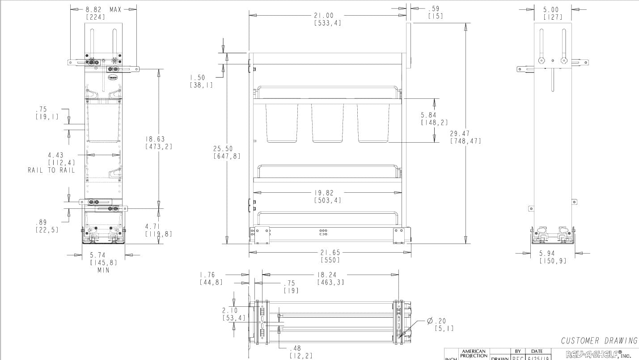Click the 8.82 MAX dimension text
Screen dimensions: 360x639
pos(103,9)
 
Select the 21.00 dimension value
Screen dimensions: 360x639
pos(327,15)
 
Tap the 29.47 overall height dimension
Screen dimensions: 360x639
pos(465,133)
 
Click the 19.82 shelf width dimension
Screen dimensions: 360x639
pos(327,193)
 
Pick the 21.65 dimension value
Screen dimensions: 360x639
pos(330,253)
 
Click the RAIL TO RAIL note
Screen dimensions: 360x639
pos(51,170)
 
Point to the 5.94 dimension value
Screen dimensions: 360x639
pos(553,254)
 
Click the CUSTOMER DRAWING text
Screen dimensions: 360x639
pos(599,341)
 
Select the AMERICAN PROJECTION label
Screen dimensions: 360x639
pos(474,354)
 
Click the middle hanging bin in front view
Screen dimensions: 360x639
pos(327,123)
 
